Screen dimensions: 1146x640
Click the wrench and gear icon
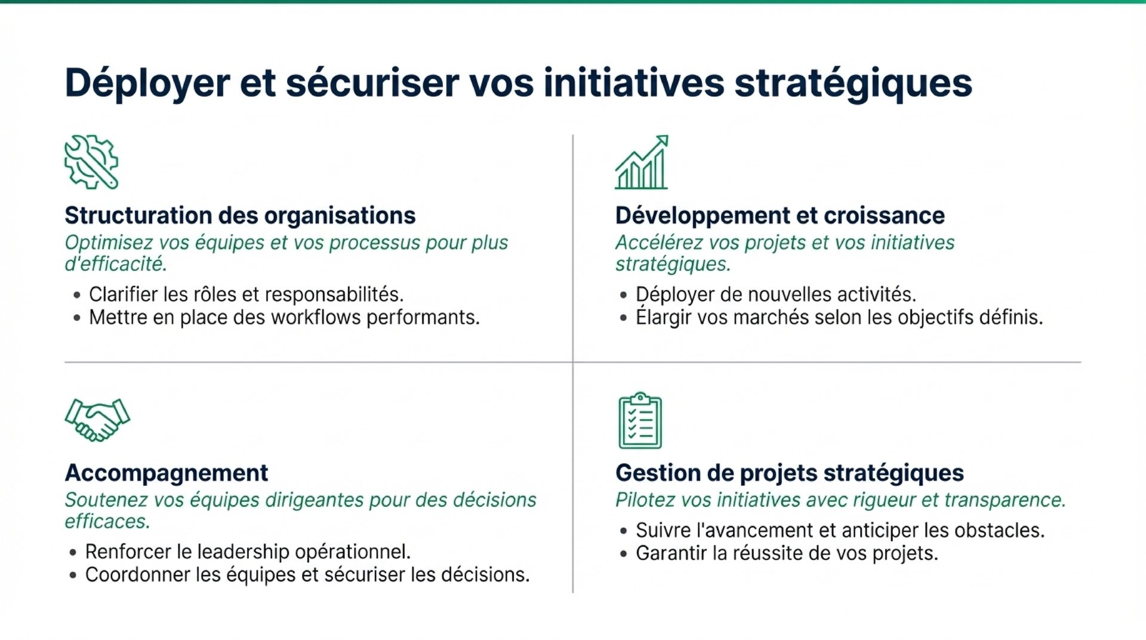click(x=91, y=162)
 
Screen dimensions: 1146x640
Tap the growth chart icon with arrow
click(x=642, y=162)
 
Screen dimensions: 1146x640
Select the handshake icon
click(x=97, y=419)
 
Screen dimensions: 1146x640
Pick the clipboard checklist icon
click(x=640, y=420)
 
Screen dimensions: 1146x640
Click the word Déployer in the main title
click(x=147, y=82)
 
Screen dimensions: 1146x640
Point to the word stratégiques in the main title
click(x=854, y=82)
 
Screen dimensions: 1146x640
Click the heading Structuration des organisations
click(x=240, y=215)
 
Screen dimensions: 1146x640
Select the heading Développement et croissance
click(x=780, y=215)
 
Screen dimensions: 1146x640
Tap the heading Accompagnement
click(x=167, y=473)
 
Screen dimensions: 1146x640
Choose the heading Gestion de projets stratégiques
click(x=790, y=473)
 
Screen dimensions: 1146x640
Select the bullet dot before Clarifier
click(x=77, y=295)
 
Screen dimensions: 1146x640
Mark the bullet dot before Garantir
click(x=624, y=554)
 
